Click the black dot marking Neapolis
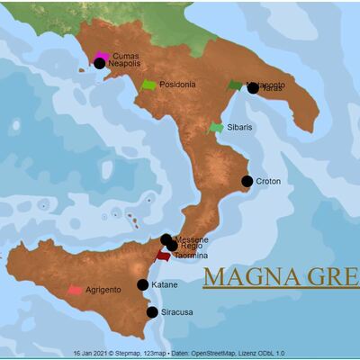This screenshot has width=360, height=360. pos(99,64)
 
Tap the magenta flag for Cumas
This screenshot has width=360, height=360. pos(102,56)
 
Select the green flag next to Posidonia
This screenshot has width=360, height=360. pos(148,85)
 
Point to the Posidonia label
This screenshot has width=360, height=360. pos(177,85)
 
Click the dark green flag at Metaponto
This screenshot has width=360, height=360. pos(235,85)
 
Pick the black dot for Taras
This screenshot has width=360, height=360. pos(253,88)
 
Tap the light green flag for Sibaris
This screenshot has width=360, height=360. pos(216,128)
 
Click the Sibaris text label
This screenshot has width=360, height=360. pos(239,128)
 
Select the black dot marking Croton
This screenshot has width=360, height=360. pos(247,181)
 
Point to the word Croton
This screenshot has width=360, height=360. pos(268,182)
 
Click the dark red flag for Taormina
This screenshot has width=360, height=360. pos(163,256)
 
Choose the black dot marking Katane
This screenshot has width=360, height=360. pos(142,284)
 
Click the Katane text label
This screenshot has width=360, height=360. pos(165,285)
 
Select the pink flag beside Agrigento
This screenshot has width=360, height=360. pos(75,290)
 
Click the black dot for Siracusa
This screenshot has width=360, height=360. pos(151,312)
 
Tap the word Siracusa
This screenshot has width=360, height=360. pos(176,313)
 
